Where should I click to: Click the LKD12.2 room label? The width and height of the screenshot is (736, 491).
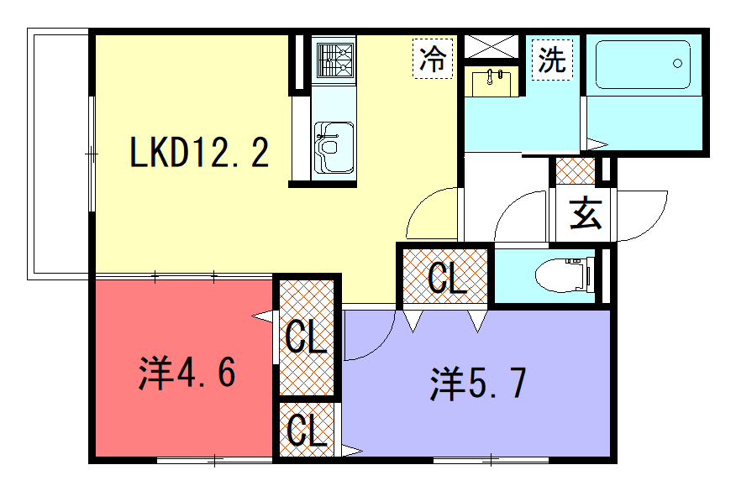pos(199,151)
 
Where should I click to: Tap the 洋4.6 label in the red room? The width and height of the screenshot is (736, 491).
pos(187,373)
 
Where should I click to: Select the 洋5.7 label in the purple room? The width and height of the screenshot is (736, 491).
pos(478,383)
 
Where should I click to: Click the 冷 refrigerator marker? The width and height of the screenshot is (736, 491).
pos(433,59)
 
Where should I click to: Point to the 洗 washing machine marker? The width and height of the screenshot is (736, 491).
pos(553,60)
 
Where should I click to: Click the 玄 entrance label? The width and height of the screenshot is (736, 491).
pos(586,213)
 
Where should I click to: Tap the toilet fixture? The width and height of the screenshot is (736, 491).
pos(562,274)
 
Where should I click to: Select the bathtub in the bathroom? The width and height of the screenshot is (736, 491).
pos(643,65)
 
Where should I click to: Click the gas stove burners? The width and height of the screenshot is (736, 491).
pos(334,60)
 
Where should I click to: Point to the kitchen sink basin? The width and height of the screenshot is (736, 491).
pos(334,148)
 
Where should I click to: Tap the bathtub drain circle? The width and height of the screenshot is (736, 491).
pos(677,63)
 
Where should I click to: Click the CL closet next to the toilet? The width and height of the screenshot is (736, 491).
pos(445,277)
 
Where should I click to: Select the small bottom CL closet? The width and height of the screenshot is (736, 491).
pos(307,429)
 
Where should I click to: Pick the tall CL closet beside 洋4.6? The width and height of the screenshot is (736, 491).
pos(307,337)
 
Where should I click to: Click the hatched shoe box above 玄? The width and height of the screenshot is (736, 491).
pos(575,171)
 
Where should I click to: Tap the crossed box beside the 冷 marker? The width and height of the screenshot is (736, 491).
pos(491,46)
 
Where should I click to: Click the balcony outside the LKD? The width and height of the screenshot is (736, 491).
pos(59,154)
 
